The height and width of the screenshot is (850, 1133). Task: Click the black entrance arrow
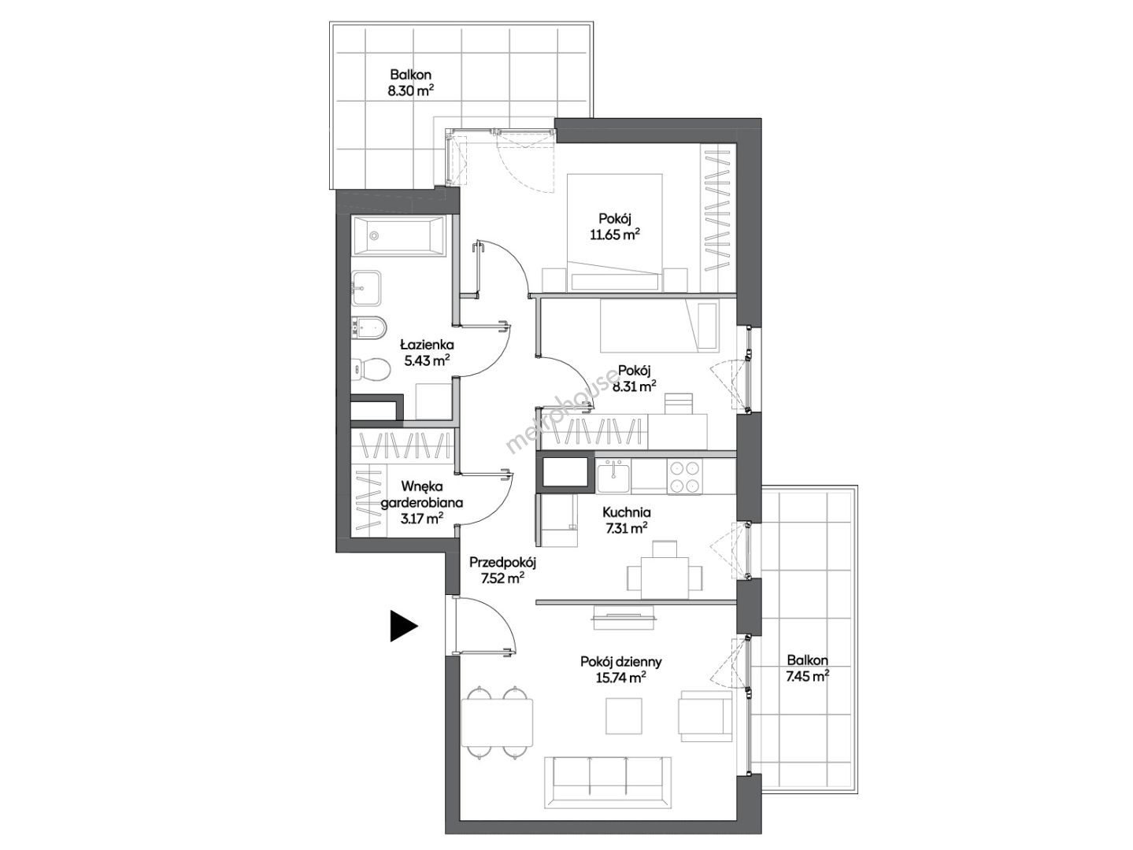[403, 626]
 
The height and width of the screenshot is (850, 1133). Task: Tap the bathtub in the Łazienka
[398, 235]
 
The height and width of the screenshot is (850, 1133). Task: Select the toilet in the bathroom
[370, 369]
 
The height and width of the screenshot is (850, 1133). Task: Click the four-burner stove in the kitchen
[684, 476]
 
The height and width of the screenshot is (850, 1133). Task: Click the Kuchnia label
[627, 512]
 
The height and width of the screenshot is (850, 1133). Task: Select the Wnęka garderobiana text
[422, 494]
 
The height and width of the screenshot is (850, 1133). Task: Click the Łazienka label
[427, 344]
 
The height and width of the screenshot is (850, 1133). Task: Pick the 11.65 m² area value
[615, 235]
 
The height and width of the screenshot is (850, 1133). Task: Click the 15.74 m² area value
[621, 677]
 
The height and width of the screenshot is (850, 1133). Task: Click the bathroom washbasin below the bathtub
[366, 287]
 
